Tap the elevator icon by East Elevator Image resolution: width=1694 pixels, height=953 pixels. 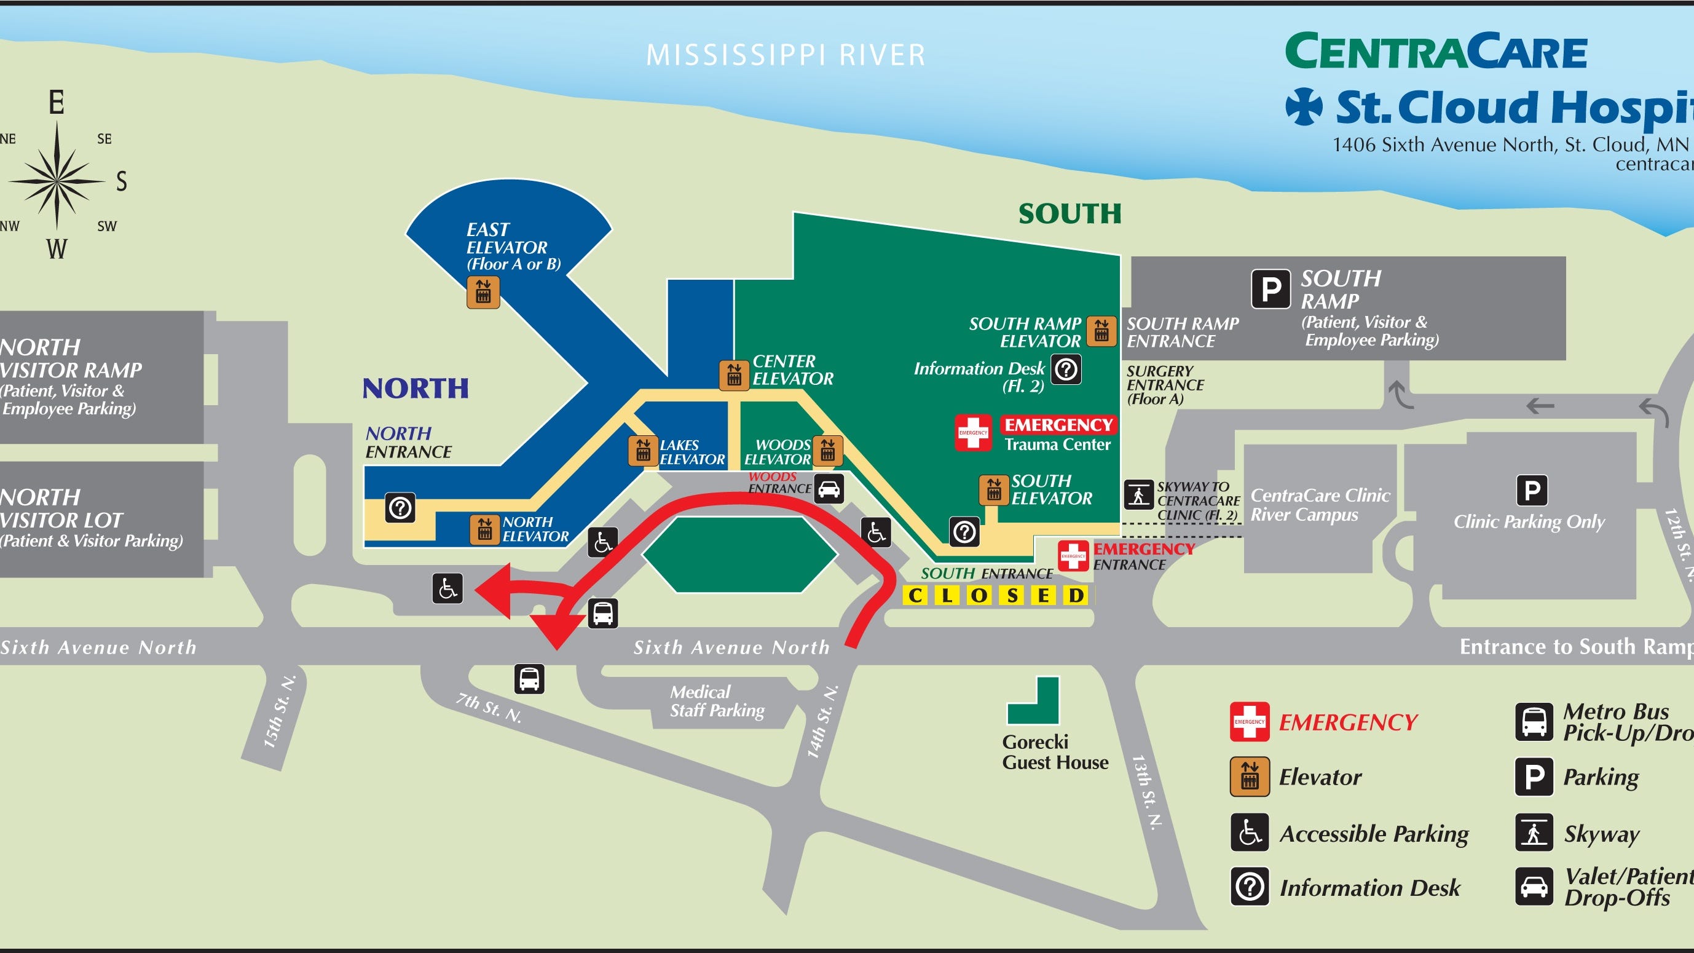[x=483, y=292]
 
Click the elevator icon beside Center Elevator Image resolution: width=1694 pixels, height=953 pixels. [x=734, y=376]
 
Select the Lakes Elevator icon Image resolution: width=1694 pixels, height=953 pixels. [x=643, y=451]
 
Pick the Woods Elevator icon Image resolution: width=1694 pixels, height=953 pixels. [x=827, y=451]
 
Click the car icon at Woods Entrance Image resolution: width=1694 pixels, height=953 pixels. [x=829, y=489]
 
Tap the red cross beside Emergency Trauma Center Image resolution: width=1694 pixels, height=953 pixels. [x=973, y=432]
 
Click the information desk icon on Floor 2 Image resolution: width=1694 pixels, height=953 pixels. [x=1066, y=369]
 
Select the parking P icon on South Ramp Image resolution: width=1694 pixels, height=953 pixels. [x=1270, y=288]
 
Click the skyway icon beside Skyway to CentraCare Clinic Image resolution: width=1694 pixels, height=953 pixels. [x=1139, y=495]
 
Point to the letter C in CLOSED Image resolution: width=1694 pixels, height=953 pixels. [x=915, y=596]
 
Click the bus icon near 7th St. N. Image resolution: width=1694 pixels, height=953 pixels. [x=529, y=679]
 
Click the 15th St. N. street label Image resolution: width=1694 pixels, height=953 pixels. [x=279, y=712]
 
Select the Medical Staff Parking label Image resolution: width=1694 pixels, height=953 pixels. [x=717, y=701]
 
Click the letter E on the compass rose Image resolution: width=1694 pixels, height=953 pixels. [x=57, y=103]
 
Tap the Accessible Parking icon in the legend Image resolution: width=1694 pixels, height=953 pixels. [x=1250, y=832]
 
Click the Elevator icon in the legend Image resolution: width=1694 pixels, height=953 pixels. [x=1250, y=777]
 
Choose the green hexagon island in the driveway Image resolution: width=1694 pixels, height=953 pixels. [x=740, y=554]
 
